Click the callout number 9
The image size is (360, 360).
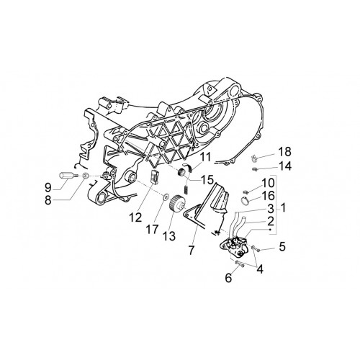(48, 188)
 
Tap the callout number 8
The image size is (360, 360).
(48, 200)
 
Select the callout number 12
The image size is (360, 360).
(135, 217)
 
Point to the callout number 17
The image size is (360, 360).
(152, 229)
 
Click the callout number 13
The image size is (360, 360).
(169, 235)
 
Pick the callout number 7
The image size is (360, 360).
(191, 250)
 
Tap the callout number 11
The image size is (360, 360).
(204, 157)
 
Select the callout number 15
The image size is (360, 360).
(207, 179)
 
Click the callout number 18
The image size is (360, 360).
(284, 152)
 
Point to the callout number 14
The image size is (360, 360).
(285, 166)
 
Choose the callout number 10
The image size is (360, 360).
(268, 183)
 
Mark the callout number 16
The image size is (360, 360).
(268, 196)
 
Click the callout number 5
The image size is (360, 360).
(282, 246)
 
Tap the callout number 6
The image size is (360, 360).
(228, 278)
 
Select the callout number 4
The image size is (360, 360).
(259, 269)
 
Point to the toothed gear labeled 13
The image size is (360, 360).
(177, 204)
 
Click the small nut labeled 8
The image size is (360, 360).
(85, 176)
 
